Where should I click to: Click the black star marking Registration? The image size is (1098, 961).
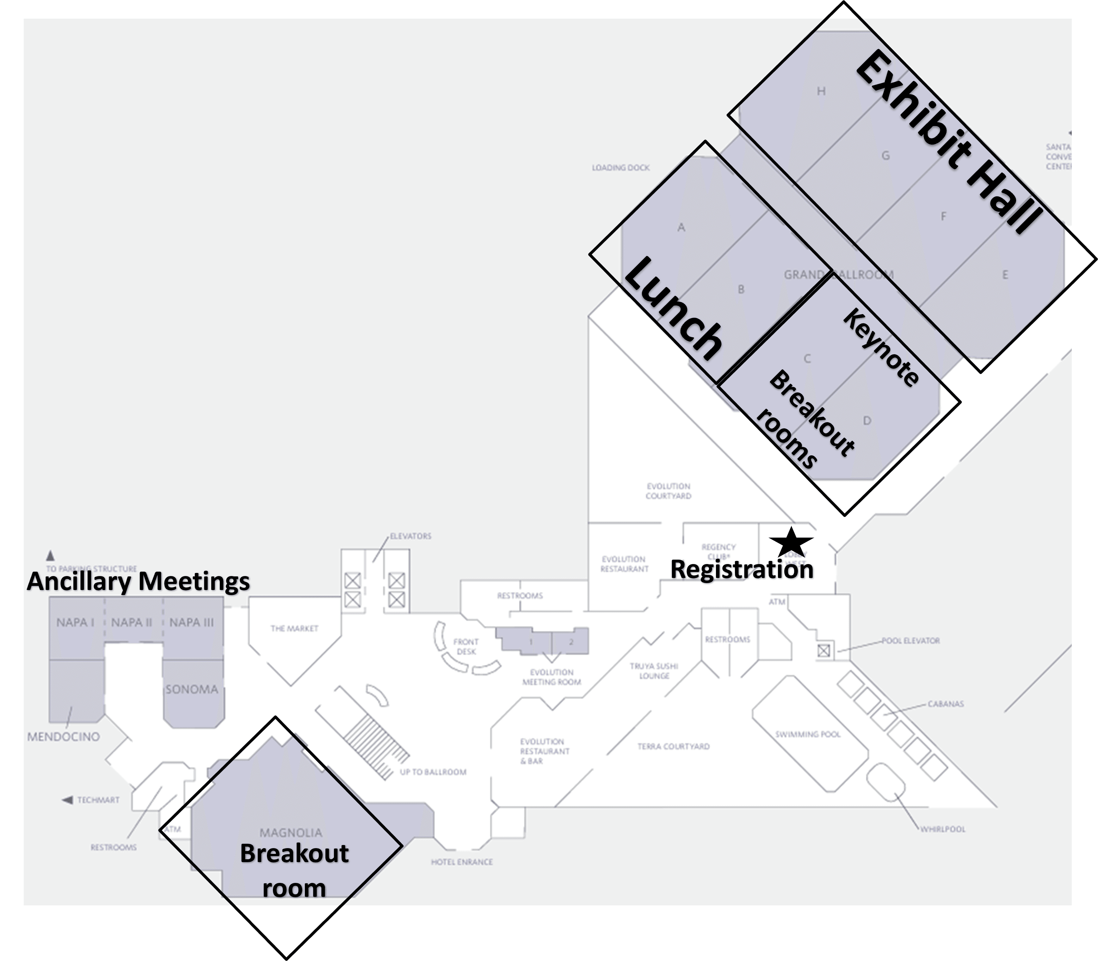pos(791,543)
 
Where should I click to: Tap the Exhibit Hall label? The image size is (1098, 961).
pos(947,142)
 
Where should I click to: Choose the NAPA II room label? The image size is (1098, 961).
pos(132,623)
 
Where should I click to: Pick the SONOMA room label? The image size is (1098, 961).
pos(192,690)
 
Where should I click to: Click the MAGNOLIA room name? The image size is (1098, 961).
pos(291,833)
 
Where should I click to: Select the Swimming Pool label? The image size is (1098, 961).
pos(808,734)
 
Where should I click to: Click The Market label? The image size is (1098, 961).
pos(294,629)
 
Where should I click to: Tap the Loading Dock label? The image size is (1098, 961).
pos(620,168)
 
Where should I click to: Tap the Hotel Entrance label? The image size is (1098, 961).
pos(461,862)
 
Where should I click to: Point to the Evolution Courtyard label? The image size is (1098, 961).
pos(668,491)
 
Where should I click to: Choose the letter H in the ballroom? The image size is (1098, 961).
pos(821,91)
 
